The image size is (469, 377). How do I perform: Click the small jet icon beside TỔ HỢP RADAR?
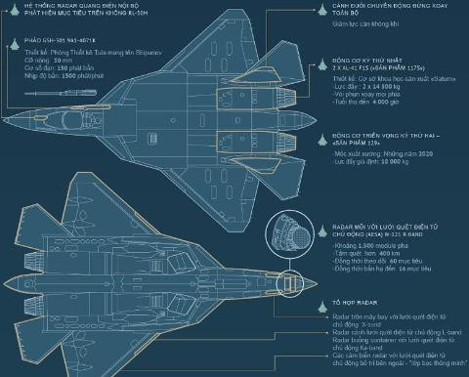click(x=322, y=305)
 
